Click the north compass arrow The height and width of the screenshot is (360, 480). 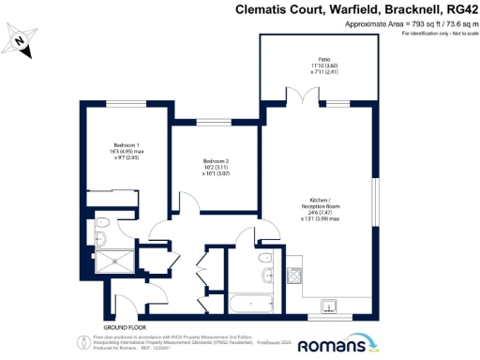[x=20, y=40]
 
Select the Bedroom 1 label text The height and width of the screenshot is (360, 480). [x=125, y=151]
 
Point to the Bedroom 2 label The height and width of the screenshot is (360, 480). [x=216, y=168]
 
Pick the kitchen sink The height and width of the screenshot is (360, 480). [x=327, y=305]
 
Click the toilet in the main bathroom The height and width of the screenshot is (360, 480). [x=267, y=259]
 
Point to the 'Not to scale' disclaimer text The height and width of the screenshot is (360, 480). [x=456, y=34]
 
